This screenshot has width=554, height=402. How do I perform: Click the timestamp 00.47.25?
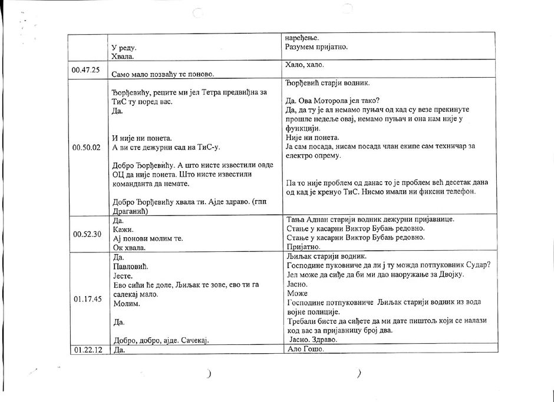pyautogui.click(x=85, y=70)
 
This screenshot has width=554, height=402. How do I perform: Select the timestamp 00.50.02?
pyautogui.click(x=85, y=147)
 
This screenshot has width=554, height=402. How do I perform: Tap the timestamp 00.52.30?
pyautogui.click(x=86, y=234)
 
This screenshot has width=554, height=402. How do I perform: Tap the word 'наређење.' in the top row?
pyautogui.click(x=302, y=37)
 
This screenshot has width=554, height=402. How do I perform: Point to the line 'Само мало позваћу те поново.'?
pyautogui.click(x=162, y=74)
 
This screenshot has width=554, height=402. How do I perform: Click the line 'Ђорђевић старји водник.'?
pyautogui.click(x=327, y=82)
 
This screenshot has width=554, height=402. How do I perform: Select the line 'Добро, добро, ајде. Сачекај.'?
pyautogui.click(x=160, y=340)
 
